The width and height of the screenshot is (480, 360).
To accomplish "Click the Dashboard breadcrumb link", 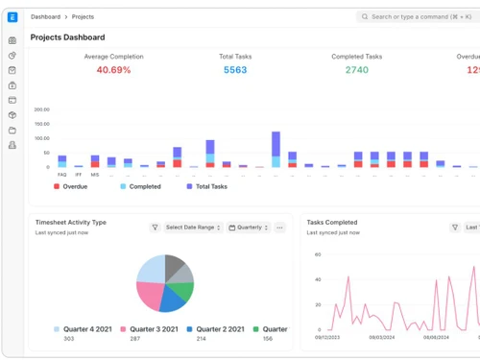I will tap(44, 16).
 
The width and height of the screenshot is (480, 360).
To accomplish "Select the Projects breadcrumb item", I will tap(83, 16).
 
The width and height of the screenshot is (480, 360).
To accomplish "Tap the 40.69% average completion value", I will tap(113, 70).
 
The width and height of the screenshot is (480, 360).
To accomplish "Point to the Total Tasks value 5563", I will tap(235, 70).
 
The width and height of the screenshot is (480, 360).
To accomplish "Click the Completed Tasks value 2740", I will tap(356, 70).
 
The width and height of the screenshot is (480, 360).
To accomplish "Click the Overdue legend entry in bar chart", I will tap(69, 186).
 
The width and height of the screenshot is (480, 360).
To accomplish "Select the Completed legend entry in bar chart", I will tap(140, 186).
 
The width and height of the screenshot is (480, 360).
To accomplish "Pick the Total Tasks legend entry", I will tap(206, 186).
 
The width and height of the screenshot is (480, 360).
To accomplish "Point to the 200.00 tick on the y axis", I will tap(41, 109).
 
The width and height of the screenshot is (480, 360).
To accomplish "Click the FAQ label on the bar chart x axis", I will tap(62, 175).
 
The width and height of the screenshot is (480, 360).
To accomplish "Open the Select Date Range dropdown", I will tap(193, 228).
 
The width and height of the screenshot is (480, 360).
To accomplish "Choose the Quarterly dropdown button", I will tap(249, 228).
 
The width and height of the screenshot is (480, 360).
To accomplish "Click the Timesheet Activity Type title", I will tap(71, 222).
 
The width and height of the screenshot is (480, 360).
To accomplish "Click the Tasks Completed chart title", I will tap(332, 222).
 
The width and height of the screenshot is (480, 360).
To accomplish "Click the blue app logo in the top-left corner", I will tap(12, 16).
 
